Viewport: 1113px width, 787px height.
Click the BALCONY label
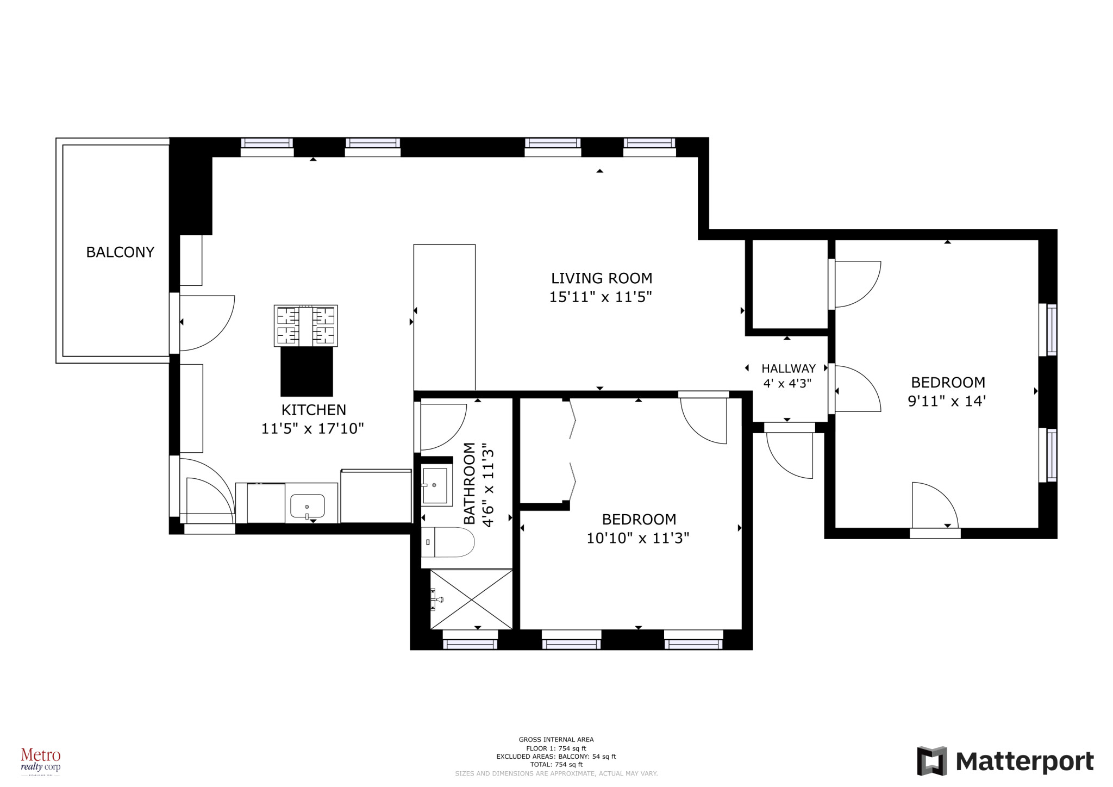pyautogui.click(x=120, y=252)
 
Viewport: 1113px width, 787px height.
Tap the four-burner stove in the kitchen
pyautogui.click(x=305, y=326)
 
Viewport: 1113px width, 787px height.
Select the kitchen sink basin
pyautogui.click(x=308, y=506)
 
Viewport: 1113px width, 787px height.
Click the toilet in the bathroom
pyautogui.click(x=447, y=542)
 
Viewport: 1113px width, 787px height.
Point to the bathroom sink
pyautogui.click(x=436, y=485)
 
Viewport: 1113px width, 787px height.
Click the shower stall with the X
pyautogui.click(x=471, y=599)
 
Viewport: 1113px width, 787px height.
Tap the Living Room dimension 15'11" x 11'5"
pyautogui.click(x=601, y=297)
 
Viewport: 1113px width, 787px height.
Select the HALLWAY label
pyautogui.click(x=788, y=368)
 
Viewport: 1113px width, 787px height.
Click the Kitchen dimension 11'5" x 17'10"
pyautogui.click(x=312, y=428)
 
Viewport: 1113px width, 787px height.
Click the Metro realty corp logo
pyautogui.click(x=41, y=759)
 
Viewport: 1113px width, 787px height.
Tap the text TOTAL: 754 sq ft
pyautogui.click(x=556, y=765)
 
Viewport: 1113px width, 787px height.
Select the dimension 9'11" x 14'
pyautogui.click(x=947, y=401)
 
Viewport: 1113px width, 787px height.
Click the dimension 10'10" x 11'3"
pyautogui.click(x=637, y=538)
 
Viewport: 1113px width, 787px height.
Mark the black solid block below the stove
pyautogui.click(x=307, y=372)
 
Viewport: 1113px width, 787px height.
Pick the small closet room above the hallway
pyautogui.click(x=790, y=284)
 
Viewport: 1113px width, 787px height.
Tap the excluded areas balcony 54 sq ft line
pyautogui.click(x=556, y=757)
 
